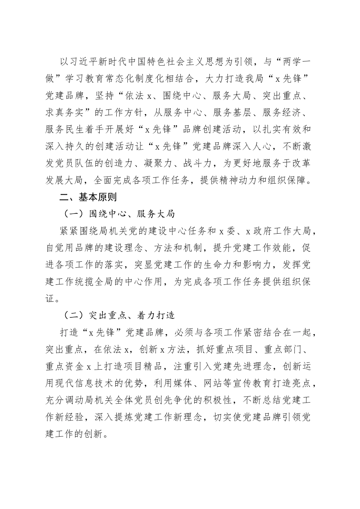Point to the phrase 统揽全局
(x=112, y=281)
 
